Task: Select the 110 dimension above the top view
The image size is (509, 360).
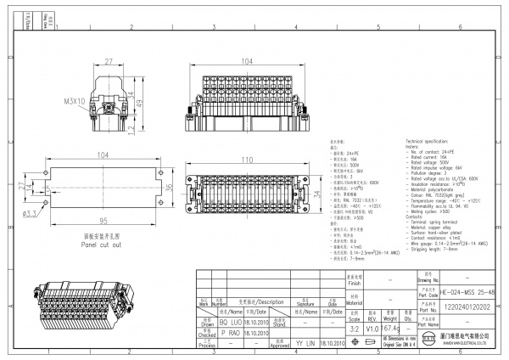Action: point(246,160)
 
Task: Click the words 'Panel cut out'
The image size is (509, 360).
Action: point(102,244)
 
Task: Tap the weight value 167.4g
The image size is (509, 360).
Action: point(390,329)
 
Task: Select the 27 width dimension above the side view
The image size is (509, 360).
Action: point(109,62)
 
